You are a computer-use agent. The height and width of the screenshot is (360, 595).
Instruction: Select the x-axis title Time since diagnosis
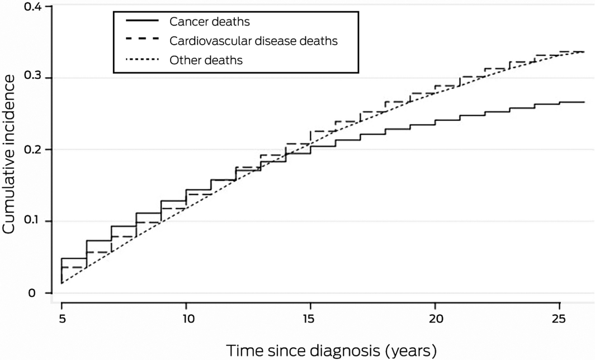[x=331, y=350]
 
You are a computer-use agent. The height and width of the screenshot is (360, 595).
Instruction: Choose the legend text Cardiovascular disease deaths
[x=253, y=41]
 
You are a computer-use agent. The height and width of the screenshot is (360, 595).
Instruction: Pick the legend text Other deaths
[x=206, y=60]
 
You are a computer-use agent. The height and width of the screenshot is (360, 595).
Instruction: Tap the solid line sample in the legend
[x=144, y=22]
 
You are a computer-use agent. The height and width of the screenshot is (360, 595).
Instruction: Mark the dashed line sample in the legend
[x=144, y=41]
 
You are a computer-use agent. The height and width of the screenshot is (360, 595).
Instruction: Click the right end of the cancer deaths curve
[x=584, y=102]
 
